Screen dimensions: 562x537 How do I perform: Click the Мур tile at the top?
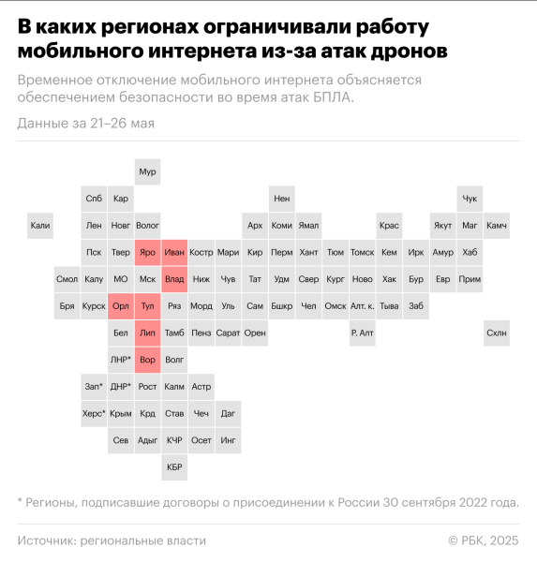click(147, 172)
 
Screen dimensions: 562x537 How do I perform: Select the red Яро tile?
click(147, 252)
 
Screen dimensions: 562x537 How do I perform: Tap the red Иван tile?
click(174, 252)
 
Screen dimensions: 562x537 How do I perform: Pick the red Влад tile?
click(174, 279)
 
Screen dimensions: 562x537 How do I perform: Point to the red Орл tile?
click(120, 306)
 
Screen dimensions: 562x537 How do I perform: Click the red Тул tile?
click(147, 306)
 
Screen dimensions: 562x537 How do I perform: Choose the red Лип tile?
click(147, 333)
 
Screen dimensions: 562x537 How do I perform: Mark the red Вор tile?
click(147, 360)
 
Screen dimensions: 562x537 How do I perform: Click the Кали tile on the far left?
click(39, 226)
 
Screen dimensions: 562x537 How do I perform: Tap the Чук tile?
click(470, 199)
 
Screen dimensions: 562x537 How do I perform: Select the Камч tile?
click(497, 226)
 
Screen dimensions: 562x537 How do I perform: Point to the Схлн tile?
click(497, 333)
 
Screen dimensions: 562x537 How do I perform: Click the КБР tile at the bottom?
click(174, 466)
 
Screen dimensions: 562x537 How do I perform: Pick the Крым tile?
click(120, 413)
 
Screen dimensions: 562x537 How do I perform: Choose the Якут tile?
click(442, 226)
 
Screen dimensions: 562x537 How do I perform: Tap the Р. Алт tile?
click(363, 333)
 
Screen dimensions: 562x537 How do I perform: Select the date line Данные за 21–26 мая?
click(85, 124)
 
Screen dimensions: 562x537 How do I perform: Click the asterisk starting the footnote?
click(21, 502)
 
